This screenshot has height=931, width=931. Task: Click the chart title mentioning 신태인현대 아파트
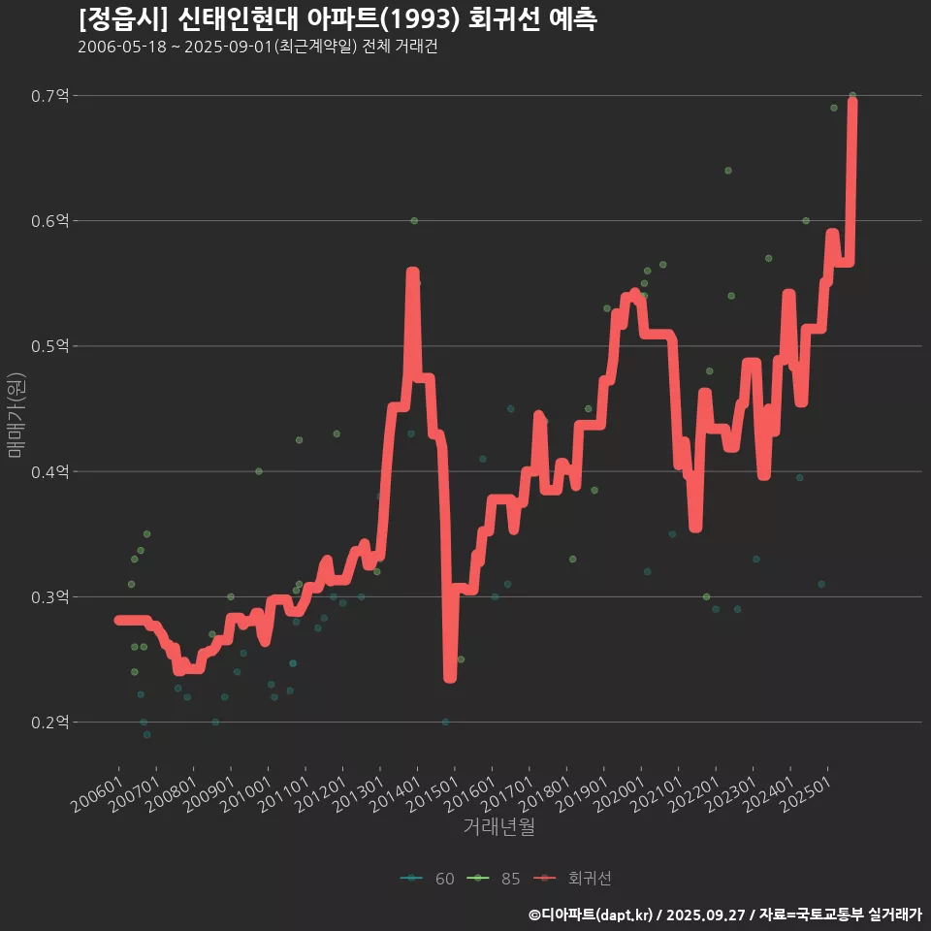point(337,18)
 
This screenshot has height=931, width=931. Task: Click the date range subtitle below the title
point(257,47)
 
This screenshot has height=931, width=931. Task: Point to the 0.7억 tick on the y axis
point(49,95)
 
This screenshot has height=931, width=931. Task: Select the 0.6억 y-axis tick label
point(49,221)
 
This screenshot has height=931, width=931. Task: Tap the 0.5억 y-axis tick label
point(49,346)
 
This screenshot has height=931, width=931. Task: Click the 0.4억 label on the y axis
point(49,471)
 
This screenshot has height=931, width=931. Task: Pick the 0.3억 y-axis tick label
point(49,597)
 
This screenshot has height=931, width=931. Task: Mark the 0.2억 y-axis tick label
point(49,722)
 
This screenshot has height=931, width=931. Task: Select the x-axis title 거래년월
point(498,826)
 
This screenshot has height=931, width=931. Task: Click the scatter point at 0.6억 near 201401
point(414,221)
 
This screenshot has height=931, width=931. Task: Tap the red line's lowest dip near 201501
point(450,677)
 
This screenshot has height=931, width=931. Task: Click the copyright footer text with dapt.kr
point(724,914)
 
